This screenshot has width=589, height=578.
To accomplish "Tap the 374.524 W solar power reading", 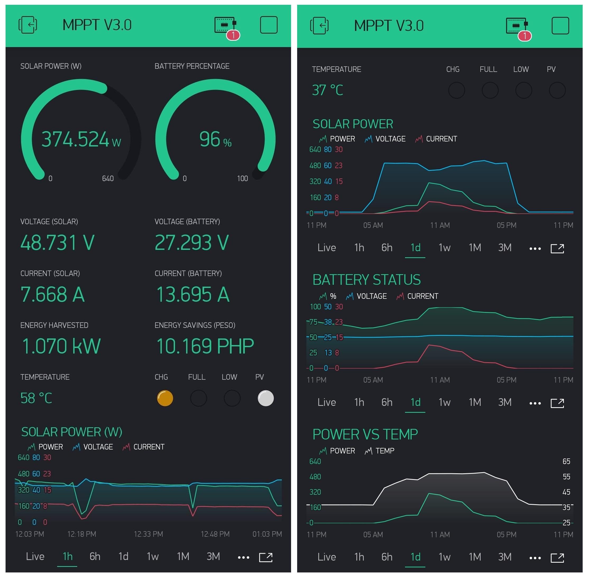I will pyautogui.click(x=81, y=139).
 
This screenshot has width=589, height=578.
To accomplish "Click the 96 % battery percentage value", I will pyautogui.click(x=215, y=139).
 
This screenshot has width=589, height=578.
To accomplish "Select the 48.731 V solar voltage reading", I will pyautogui.click(x=57, y=242).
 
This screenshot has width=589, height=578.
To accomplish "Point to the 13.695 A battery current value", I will pyautogui.click(x=192, y=295).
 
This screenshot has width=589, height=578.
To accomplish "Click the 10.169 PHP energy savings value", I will pyautogui.click(x=205, y=346).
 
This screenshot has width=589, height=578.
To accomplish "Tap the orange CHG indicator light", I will pyautogui.click(x=165, y=398).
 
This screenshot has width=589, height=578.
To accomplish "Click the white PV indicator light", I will pyautogui.click(x=265, y=398).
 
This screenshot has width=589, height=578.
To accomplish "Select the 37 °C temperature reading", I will pyautogui.click(x=328, y=90).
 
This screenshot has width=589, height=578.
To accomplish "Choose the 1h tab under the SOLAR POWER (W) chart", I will pyautogui.click(x=67, y=556).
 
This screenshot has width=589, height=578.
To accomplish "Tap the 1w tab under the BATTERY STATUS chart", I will pyautogui.click(x=444, y=402).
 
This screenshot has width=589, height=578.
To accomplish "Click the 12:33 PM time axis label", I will pyautogui.click(x=148, y=534).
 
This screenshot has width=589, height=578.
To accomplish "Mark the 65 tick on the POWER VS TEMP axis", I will pyautogui.click(x=566, y=461).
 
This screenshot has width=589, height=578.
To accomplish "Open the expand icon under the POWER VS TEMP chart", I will pyautogui.click(x=557, y=557).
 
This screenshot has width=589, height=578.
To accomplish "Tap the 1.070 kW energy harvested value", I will pyautogui.click(x=61, y=346).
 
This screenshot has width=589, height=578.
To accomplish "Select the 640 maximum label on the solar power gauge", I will pyautogui.click(x=108, y=178).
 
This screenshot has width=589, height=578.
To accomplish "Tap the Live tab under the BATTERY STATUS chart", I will pyautogui.click(x=326, y=402).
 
